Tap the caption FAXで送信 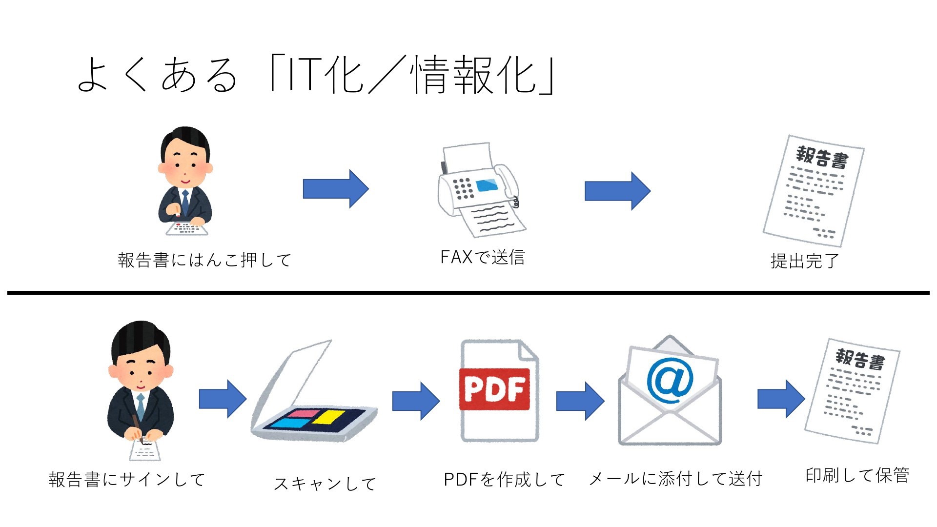click(483, 257)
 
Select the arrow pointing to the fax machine click(336, 189)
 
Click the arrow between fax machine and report click(617, 191)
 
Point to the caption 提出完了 click(805, 261)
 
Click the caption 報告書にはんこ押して click(204, 260)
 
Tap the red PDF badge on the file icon click(494, 389)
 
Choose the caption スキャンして click(325, 484)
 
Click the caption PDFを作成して click(504, 479)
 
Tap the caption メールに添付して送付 click(676, 479)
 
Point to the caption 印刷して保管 click(857, 475)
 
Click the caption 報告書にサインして click(127, 479)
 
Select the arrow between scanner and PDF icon click(416, 401)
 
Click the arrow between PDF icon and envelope click(580, 401)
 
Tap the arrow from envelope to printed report click(781, 399)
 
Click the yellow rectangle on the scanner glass click(328, 417)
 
